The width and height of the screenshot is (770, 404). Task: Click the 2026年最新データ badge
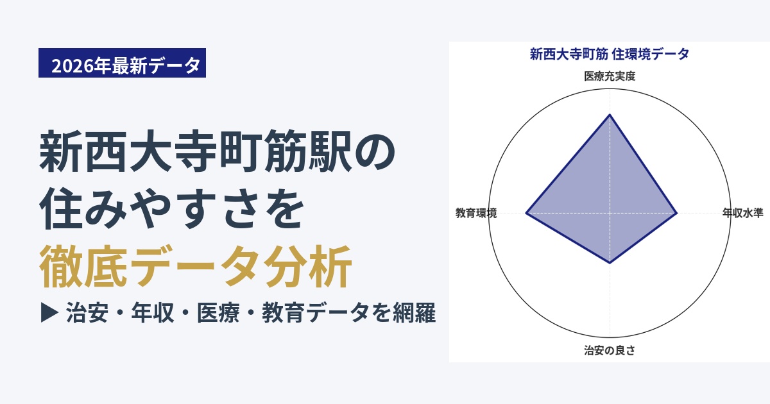click(122, 63)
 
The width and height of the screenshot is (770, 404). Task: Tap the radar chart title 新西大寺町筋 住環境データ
click(610, 55)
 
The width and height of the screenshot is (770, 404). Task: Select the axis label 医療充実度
click(610, 76)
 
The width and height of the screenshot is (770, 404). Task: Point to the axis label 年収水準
click(743, 213)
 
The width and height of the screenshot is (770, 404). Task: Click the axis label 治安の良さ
click(610, 350)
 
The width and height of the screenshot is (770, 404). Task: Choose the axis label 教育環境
click(476, 213)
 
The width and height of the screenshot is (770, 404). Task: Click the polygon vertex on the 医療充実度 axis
click(610, 114)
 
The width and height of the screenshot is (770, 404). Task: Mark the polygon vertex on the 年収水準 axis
click(676, 214)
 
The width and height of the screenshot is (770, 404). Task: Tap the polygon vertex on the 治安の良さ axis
click(610, 263)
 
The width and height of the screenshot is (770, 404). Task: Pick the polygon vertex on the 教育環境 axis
click(526, 214)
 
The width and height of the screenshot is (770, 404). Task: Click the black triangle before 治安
click(49, 313)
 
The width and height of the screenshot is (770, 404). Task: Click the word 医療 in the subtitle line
click(218, 313)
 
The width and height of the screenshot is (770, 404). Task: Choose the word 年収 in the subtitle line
click(152, 313)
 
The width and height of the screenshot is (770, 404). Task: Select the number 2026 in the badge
click(73, 65)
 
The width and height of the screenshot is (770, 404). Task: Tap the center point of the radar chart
click(610, 214)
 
